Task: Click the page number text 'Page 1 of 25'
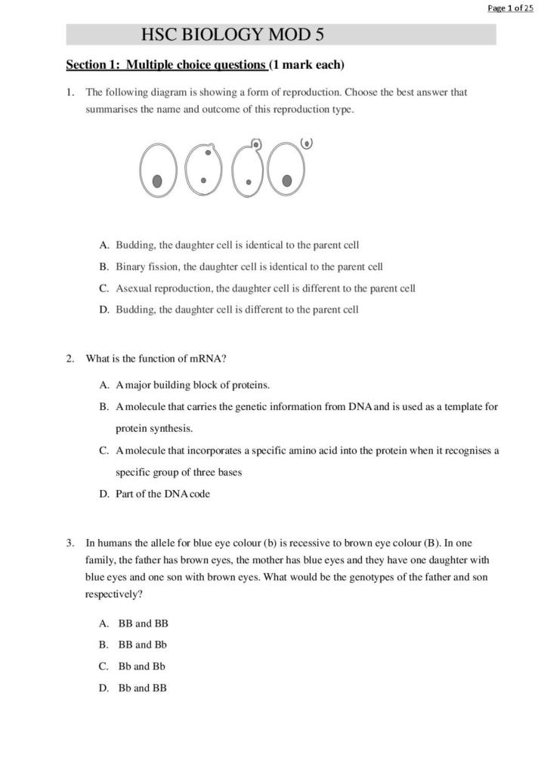[x=510, y=8]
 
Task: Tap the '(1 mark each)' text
[x=307, y=65]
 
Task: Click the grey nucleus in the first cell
[x=157, y=180]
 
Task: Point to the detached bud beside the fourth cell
[x=307, y=143]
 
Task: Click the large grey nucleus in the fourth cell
[x=287, y=180]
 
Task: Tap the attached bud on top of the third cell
[x=257, y=143]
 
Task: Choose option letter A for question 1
[x=104, y=245]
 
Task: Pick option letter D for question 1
[x=104, y=310]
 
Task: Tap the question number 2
[x=70, y=359]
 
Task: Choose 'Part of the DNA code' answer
[x=162, y=494]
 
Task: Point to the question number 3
[x=70, y=542]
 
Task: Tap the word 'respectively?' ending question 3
[x=113, y=595]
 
